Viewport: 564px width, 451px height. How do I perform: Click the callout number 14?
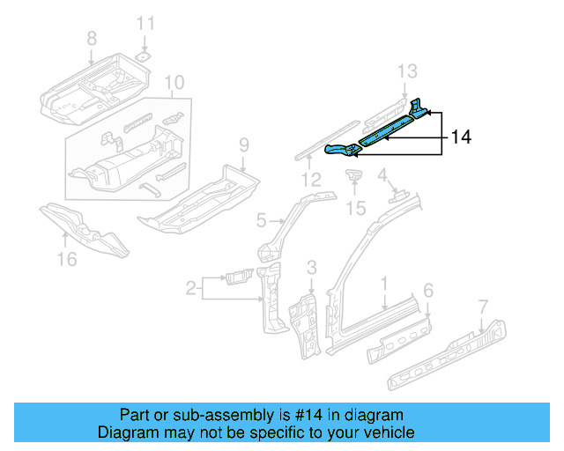coord(461,137)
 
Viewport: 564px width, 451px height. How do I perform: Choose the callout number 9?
coord(244,144)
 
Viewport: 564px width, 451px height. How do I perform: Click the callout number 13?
coord(405,70)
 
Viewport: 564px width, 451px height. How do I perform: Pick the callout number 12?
coord(308,181)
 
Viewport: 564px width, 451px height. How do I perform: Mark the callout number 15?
coord(355,208)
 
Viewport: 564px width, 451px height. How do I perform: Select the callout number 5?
coord(261,219)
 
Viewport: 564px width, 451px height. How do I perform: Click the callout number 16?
coord(66,258)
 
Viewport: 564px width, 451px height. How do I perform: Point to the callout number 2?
coord(190,286)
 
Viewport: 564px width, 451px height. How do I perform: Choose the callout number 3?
coord(311,267)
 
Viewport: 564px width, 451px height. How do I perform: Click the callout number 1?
coord(384,283)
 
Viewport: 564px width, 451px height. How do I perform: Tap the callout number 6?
coord(428,290)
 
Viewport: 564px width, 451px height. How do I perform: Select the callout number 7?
coord(482,306)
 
